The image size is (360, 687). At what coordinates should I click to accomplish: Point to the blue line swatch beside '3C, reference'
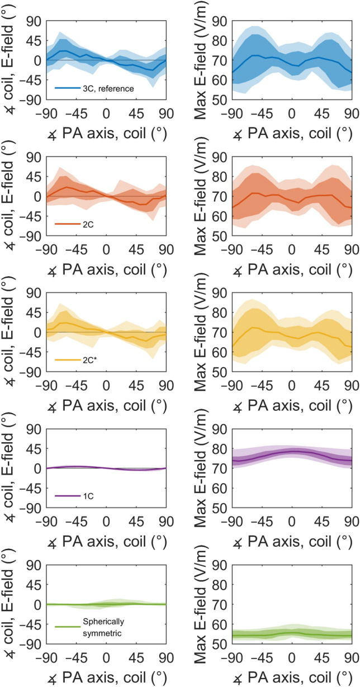point(65,88)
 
